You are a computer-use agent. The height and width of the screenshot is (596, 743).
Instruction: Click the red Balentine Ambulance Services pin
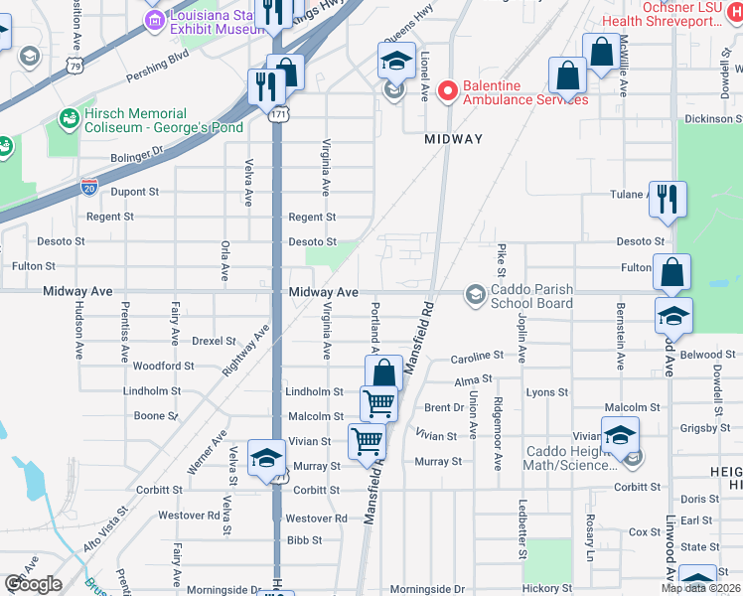click(x=447, y=91)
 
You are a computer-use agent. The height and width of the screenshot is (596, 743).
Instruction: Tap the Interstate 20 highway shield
click(x=89, y=186)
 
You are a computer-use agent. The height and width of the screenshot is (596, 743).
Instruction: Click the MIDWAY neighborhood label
click(x=453, y=140)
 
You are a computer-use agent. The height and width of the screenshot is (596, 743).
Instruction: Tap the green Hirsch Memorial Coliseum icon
click(x=69, y=120)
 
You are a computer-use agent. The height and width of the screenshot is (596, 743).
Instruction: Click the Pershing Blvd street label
click(x=156, y=76)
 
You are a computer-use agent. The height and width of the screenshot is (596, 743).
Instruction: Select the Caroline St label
click(x=477, y=356)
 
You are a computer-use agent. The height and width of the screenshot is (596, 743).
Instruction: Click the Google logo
click(x=33, y=584)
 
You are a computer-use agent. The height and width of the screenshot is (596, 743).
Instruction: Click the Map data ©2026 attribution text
click(x=699, y=588)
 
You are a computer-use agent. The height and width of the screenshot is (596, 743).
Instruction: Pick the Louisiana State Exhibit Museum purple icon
click(x=154, y=19)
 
